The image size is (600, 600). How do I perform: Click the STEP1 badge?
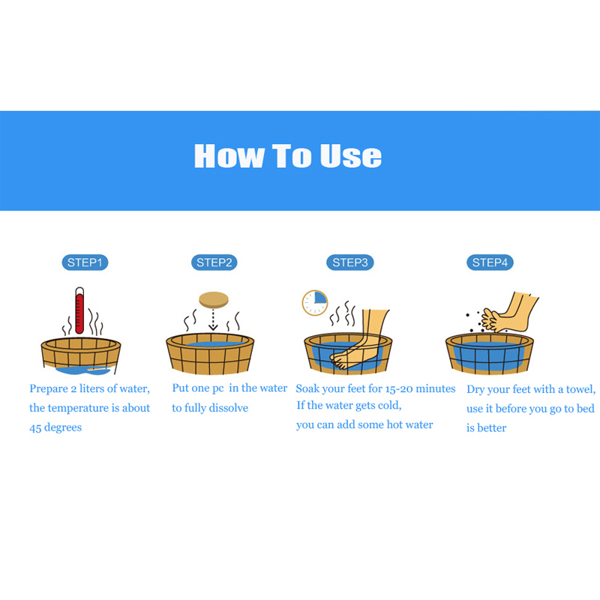click(85, 262)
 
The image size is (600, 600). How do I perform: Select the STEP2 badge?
click(214, 262)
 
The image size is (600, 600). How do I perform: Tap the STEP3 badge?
click(350, 262)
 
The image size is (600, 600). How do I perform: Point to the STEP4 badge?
click(490, 262)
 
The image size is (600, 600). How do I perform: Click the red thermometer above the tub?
click(79, 310)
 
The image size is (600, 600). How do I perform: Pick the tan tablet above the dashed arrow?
click(214, 299)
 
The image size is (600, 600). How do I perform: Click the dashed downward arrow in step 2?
click(213, 320)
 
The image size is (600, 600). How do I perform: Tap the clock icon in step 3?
click(315, 303)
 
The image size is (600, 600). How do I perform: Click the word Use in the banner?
click(351, 156)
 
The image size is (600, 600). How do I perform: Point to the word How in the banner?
click(229, 156)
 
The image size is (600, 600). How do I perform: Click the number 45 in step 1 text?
click(35, 427)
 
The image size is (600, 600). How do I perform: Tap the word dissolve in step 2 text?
click(229, 408)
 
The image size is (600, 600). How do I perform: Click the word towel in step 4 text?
click(579, 389)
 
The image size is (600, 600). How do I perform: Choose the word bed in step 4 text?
click(586, 408)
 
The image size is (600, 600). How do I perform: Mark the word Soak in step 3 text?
click(307, 388)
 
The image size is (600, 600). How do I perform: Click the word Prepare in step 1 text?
click(49, 389)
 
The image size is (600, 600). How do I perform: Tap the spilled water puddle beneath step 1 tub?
click(83, 370)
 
